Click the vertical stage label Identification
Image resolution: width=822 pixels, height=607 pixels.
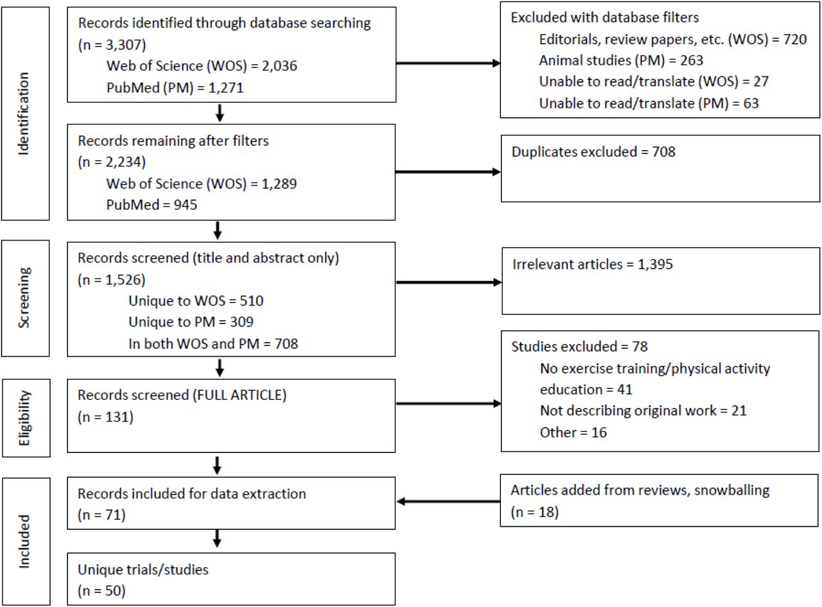(x=24, y=114)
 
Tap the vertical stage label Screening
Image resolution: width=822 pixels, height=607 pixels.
(x=24, y=298)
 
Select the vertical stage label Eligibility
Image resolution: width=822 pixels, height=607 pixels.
(x=24, y=418)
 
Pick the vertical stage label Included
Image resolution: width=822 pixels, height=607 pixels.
(x=24, y=542)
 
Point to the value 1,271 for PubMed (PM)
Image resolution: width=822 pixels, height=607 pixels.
(x=225, y=88)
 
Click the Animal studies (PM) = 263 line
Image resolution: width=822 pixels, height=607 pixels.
(x=621, y=60)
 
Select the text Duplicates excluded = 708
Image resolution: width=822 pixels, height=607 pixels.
(x=593, y=152)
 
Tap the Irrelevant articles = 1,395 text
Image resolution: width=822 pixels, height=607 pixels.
(x=592, y=264)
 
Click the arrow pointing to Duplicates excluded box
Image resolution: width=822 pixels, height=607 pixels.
(x=448, y=172)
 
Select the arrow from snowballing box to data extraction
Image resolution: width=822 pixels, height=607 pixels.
(x=448, y=502)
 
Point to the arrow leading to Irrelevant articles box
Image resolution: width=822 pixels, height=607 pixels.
(x=449, y=282)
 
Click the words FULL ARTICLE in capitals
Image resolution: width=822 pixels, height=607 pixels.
(x=240, y=395)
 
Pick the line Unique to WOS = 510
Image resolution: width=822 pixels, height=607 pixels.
(x=196, y=301)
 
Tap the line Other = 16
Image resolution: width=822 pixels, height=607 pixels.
(x=573, y=432)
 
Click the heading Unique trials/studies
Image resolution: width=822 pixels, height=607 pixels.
(x=143, y=570)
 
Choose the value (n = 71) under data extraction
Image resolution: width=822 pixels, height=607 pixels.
(x=101, y=515)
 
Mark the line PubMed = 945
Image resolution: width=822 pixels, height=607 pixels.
(x=152, y=205)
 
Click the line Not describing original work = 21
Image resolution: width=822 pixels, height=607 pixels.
(x=643, y=411)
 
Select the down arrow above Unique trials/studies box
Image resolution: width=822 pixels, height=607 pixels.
(x=217, y=538)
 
